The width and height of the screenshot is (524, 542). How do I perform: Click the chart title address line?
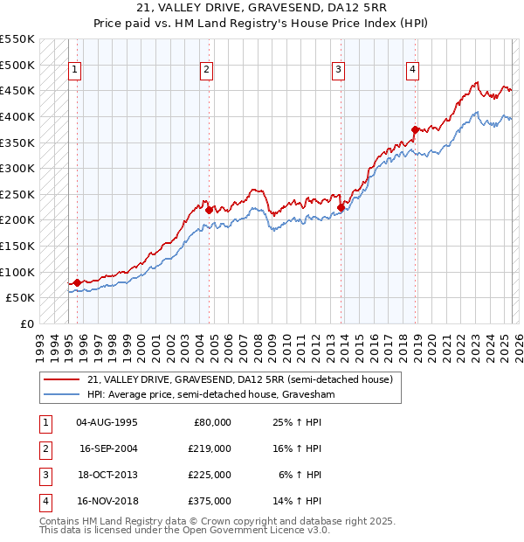(262, 8)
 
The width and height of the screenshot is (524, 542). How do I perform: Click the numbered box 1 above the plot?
(75, 71)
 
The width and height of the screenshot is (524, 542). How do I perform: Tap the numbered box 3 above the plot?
(339, 71)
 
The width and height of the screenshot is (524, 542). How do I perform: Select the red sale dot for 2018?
(415, 129)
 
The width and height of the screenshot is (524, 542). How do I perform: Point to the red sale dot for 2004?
(209, 210)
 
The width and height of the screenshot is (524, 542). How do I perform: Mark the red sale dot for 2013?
(341, 207)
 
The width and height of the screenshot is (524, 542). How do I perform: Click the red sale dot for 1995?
(77, 282)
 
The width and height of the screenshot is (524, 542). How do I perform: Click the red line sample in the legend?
(60, 379)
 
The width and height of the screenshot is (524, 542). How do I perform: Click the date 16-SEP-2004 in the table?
(107, 448)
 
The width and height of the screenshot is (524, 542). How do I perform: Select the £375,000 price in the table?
(210, 501)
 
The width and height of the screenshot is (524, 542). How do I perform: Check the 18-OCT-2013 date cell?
(107, 475)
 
